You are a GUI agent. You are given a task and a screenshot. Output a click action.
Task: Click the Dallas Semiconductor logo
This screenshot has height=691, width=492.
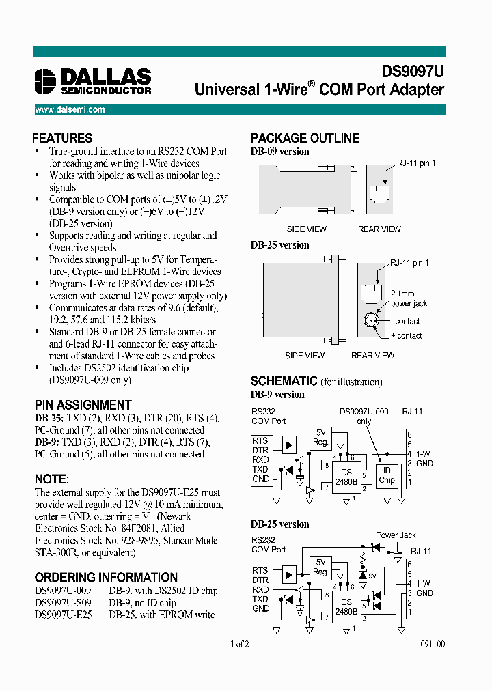(93, 81)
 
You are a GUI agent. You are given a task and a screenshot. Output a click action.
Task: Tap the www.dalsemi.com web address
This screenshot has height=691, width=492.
(70, 109)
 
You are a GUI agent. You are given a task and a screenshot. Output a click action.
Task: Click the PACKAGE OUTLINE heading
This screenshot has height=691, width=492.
(305, 138)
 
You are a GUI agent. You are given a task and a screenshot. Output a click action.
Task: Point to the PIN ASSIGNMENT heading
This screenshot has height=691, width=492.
(83, 405)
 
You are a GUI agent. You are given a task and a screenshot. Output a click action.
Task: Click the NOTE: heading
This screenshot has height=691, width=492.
(51, 479)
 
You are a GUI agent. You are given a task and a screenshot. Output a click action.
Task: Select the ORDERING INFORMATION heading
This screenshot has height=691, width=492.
(106, 577)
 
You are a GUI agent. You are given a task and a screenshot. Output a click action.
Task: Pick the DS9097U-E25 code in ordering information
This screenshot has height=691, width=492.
(63, 615)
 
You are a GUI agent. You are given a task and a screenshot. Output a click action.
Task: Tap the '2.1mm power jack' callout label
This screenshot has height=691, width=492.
(409, 298)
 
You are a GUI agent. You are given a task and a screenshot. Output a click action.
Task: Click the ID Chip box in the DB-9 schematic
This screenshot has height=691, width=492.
(387, 475)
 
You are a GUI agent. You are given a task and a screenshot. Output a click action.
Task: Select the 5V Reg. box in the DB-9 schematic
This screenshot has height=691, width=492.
(320, 436)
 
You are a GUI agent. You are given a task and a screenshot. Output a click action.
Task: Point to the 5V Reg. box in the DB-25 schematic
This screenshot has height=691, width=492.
(320, 567)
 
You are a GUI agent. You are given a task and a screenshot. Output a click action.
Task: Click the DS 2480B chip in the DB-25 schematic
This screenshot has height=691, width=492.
(346, 606)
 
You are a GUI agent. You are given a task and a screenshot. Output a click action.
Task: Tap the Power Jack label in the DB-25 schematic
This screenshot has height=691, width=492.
(396, 535)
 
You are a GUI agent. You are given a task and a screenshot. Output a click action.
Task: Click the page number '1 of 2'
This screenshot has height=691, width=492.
(239, 643)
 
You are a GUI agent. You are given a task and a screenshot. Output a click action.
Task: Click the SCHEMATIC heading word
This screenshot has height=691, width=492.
(284, 381)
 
